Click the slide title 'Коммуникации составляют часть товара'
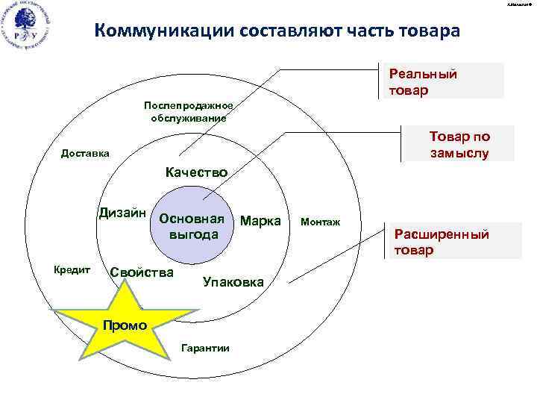click(278, 31)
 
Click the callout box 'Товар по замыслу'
click(459, 144)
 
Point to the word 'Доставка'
click(84, 153)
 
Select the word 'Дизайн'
click(122, 213)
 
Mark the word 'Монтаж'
click(320, 222)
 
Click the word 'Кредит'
click(72, 269)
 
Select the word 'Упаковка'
click(233, 282)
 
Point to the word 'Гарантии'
click(205, 349)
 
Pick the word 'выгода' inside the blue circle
click(194, 234)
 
